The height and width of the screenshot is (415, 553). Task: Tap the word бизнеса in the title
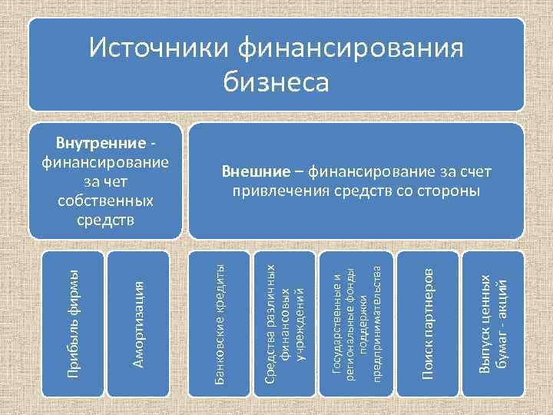pyautogui.click(x=276, y=80)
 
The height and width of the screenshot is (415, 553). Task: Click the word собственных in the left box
pyautogui.click(x=106, y=201)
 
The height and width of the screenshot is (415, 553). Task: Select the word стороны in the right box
pyautogui.click(x=449, y=191)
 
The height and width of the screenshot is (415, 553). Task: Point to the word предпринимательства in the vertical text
pyautogui.click(x=376, y=324)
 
